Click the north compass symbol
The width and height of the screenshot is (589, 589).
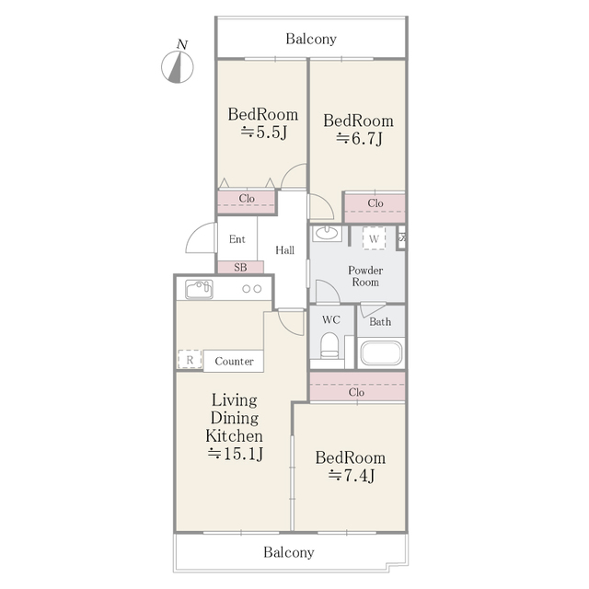[x=179, y=65]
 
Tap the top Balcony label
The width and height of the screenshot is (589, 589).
[x=311, y=40]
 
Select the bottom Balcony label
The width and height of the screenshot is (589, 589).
[x=289, y=553]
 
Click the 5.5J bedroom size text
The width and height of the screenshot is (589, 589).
[x=264, y=132]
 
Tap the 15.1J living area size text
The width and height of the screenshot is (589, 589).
[x=235, y=453]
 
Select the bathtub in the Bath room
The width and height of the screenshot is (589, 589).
[x=380, y=354]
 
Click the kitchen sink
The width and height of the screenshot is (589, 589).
[x=199, y=290]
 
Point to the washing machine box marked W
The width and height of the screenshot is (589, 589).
[x=374, y=237]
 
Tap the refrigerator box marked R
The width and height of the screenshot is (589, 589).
[x=190, y=360]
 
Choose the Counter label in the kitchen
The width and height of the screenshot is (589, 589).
[x=234, y=361]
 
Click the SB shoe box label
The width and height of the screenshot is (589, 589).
[x=240, y=268]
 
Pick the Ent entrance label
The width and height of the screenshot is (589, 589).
[x=237, y=239]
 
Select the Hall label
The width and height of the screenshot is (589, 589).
[x=285, y=249]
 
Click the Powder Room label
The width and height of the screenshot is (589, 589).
[x=364, y=276]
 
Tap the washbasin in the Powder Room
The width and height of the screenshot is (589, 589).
[x=327, y=234]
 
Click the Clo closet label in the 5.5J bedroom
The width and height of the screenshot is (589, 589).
[x=247, y=199]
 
